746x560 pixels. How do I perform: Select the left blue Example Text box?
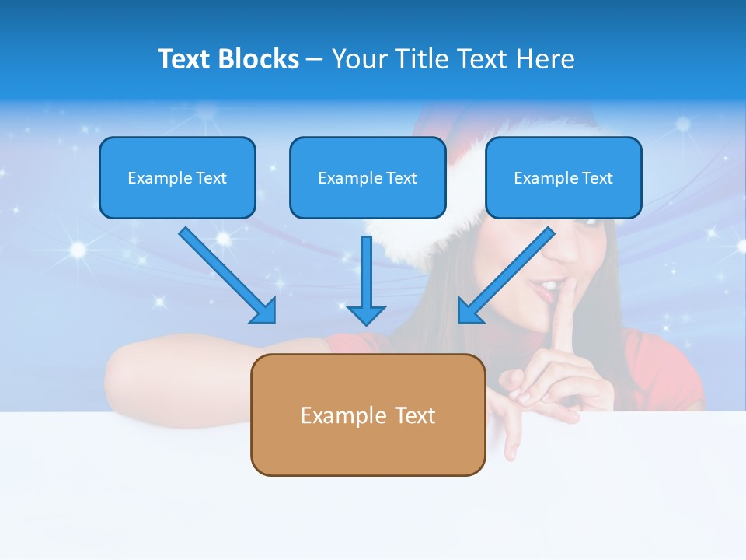(x=177, y=177)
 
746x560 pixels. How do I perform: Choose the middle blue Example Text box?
(x=368, y=177)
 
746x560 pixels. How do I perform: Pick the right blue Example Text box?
(x=563, y=177)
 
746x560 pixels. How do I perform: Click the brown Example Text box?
(x=368, y=415)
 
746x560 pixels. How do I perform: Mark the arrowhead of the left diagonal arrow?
(x=264, y=312)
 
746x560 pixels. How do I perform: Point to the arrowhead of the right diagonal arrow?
(x=469, y=310)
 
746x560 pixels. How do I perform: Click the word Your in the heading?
(x=357, y=59)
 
